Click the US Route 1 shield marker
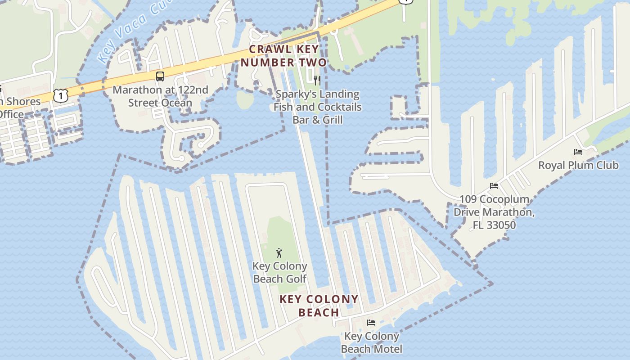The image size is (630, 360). [60, 95]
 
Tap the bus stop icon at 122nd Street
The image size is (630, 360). [160, 76]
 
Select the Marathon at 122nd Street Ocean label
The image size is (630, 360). [160, 96]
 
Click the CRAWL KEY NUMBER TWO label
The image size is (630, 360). [284, 56]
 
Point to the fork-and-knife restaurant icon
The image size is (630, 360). [317, 81]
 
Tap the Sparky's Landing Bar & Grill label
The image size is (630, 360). [317, 107]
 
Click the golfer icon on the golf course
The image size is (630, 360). [279, 253]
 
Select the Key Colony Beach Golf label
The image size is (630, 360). [279, 273]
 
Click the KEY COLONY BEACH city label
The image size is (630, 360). [319, 306]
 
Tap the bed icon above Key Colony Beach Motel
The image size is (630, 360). [371, 323]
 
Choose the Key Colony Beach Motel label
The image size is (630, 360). [371, 342]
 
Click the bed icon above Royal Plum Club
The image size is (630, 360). [578, 152]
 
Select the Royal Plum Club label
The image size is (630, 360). [578, 165]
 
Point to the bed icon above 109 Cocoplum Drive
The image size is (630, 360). [494, 186]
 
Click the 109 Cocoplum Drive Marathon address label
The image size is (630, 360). [494, 211]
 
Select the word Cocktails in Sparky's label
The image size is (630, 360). [340, 107]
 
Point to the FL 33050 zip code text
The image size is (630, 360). [494, 225]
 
